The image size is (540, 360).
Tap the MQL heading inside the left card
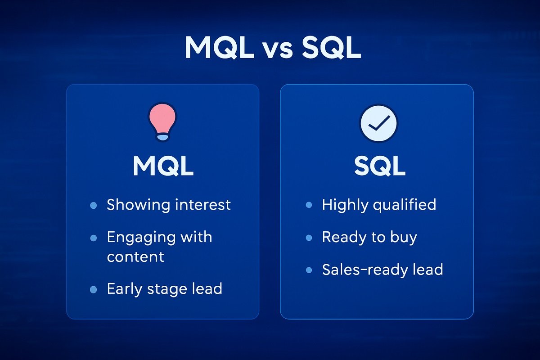pyautogui.click(x=163, y=166)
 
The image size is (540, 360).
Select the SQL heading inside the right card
pyautogui.click(x=379, y=166)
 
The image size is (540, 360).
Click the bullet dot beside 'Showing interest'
pyautogui.click(x=93, y=205)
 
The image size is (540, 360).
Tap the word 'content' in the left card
pyautogui.click(x=135, y=257)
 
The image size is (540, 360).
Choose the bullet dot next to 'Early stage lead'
pyautogui.click(x=93, y=289)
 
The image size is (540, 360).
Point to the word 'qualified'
pyautogui.click(x=404, y=205)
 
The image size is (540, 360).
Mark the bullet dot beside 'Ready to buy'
pyautogui.click(x=309, y=237)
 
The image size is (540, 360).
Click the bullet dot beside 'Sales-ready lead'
pyautogui.click(x=309, y=270)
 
